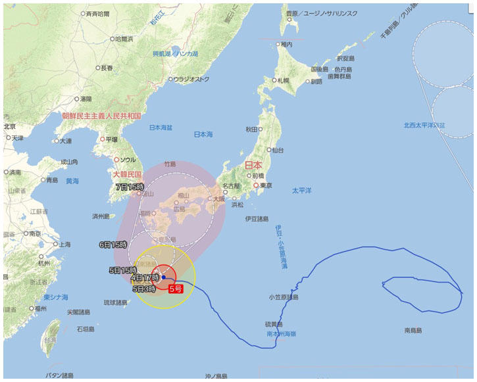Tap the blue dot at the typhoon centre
point(163,277)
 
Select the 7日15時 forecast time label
point(130,187)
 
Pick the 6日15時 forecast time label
point(113,245)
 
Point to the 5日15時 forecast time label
point(122,270)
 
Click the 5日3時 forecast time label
point(144,289)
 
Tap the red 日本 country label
point(253,165)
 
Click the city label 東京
point(266,186)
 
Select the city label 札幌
point(283,80)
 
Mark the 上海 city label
point(64,244)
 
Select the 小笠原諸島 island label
point(284,297)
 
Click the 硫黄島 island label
point(273,325)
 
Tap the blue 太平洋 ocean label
point(301,191)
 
